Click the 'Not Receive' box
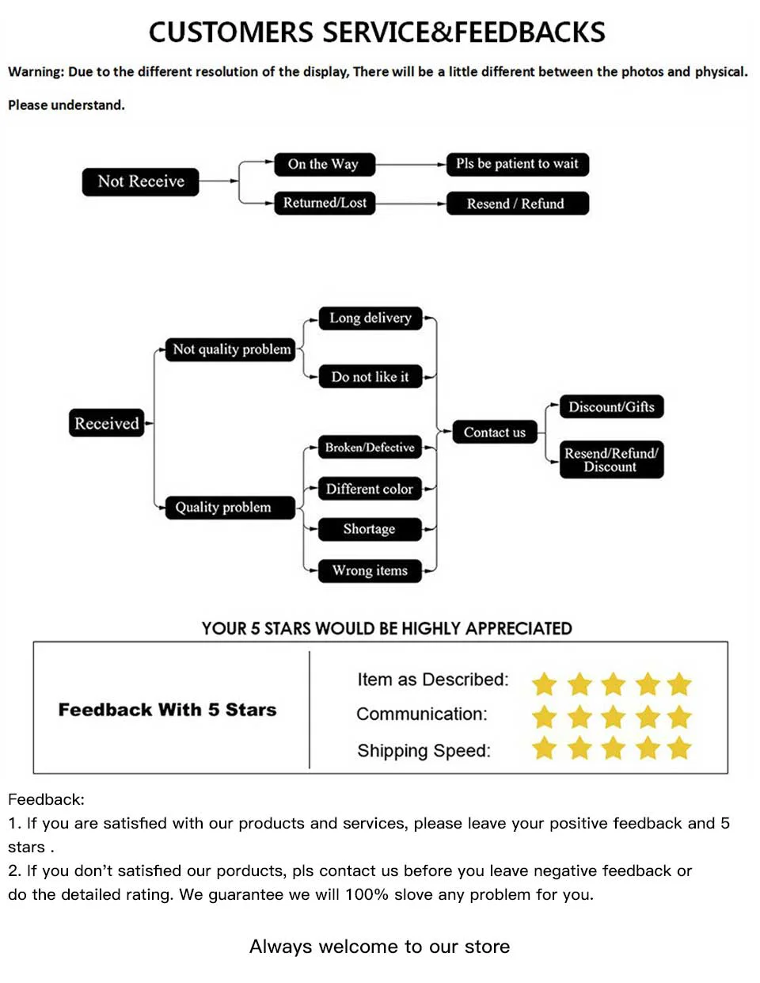[140, 181]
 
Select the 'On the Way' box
[324, 164]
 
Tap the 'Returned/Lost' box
[325, 203]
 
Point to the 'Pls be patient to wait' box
[517, 164]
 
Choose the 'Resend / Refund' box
[516, 204]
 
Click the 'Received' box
[106, 423]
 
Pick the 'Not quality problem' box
[231, 349]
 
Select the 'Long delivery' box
[370, 318]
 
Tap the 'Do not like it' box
[370, 377]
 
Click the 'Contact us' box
[494, 432]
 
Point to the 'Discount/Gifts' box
[611, 407]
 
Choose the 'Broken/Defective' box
[370, 448]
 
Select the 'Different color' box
[369, 489]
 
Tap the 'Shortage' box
[369, 529]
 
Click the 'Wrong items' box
[370, 570]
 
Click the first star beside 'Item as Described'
[545, 684]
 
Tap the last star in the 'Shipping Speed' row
[679, 748]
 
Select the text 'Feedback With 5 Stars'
[167, 710]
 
